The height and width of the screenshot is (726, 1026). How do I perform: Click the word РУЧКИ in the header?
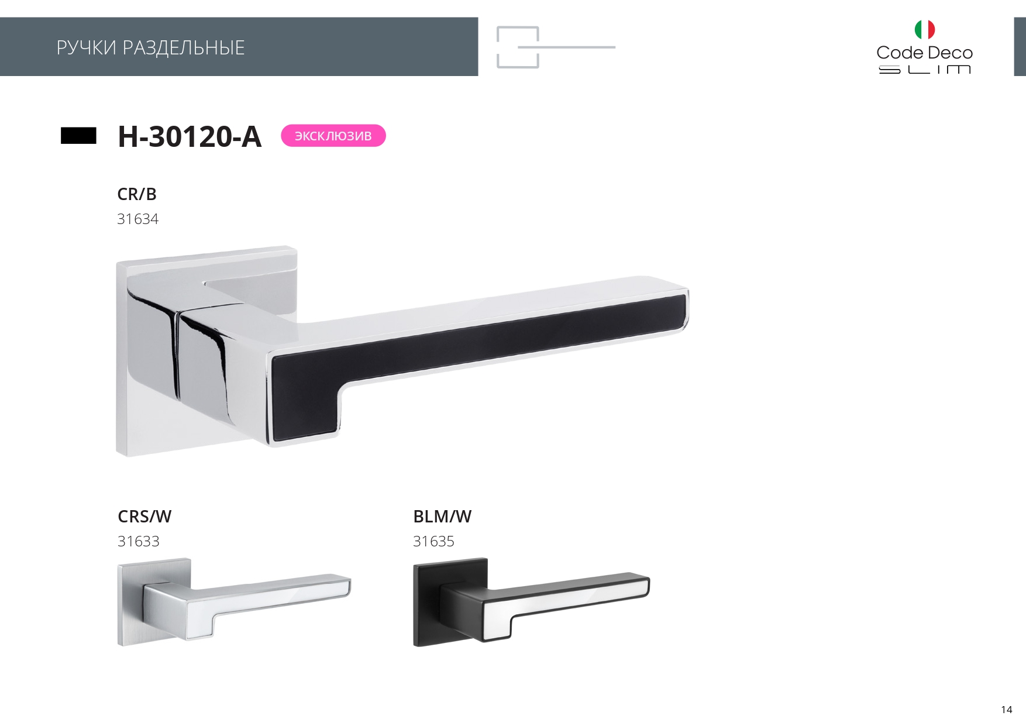coord(87,47)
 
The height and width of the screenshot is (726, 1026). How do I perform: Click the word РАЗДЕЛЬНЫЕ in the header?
coord(184,48)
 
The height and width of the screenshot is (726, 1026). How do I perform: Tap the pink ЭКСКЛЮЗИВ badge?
coord(333,136)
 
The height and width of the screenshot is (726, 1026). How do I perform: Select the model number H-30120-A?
coord(190,136)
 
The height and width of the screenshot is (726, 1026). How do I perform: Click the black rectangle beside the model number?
coord(78,136)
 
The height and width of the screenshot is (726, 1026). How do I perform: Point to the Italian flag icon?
coord(925,29)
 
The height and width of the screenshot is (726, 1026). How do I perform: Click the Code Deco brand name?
coord(925,53)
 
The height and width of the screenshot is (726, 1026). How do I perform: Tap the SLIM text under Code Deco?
coord(925,70)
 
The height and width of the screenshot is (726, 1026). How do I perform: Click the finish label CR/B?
coord(137,194)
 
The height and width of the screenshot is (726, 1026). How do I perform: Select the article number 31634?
coord(138,219)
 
